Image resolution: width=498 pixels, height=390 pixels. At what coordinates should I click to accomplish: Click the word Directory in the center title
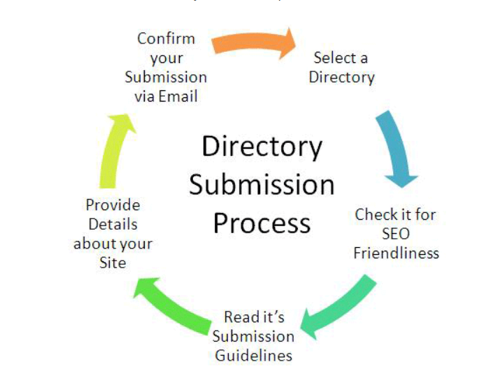pyautogui.click(x=262, y=148)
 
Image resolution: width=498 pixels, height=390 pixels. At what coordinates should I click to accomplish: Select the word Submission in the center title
pyautogui.click(x=262, y=186)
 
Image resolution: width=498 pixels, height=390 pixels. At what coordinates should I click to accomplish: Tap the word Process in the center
pyautogui.click(x=262, y=223)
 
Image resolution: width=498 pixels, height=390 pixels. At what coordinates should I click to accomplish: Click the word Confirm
pyautogui.click(x=166, y=38)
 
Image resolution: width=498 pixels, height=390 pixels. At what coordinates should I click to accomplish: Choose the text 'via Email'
pyautogui.click(x=166, y=96)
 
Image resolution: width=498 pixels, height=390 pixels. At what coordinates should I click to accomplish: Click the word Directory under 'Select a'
pyautogui.click(x=341, y=77)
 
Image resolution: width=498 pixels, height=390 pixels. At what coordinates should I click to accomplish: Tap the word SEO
pyautogui.click(x=396, y=233)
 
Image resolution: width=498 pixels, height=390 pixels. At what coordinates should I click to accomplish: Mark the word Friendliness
pyautogui.click(x=396, y=252)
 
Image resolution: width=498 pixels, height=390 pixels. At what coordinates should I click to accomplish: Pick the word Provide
pyautogui.click(x=113, y=205)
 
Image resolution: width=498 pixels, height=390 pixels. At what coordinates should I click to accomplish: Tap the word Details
pyautogui.click(x=113, y=225)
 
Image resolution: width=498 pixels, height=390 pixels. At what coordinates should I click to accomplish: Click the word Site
pyautogui.click(x=113, y=263)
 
